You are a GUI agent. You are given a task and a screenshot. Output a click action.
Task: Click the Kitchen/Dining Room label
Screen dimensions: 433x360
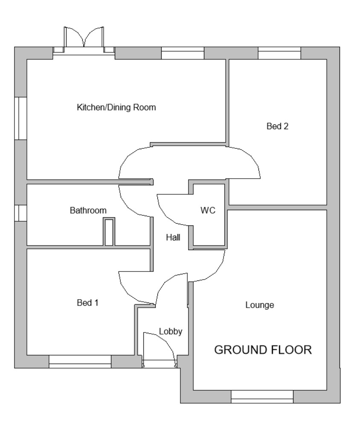pyautogui.click(x=116, y=107)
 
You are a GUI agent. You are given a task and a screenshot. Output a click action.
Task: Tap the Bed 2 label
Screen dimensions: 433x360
pyautogui.click(x=277, y=126)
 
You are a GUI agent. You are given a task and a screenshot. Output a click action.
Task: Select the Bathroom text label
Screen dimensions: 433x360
pyautogui.click(x=88, y=211)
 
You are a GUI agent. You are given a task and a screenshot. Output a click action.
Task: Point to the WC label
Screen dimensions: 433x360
pyautogui.click(x=208, y=211)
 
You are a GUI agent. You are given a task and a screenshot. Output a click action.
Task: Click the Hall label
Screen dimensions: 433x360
pyautogui.click(x=173, y=238)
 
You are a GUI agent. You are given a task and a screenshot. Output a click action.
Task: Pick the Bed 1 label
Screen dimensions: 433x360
pyautogui.click(x=88, y=303)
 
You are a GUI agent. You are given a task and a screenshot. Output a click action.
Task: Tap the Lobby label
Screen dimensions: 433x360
pyautogui.click(x=171, y=332)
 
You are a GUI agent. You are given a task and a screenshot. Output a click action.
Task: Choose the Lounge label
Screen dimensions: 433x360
pyautogui.click(x=259, y=305)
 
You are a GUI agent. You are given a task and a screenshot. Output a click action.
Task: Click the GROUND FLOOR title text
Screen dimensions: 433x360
pyautogui.click(x=263, y=350)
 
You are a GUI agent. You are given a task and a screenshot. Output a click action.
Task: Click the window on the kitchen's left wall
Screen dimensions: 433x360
pyautogui.click(x=20, y=118)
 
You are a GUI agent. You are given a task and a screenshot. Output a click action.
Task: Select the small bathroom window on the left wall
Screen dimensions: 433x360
pyautogui.click(x=20, y=213)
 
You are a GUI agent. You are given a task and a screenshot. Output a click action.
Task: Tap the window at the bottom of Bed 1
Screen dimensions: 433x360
pyautogui.click(x=80, y=361)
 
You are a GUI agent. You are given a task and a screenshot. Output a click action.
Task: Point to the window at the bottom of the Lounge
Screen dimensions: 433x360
pyautogui.click(x=262, y=396)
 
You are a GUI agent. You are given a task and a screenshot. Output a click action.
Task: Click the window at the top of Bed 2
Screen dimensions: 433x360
pyautogui.click(x=279, y=53)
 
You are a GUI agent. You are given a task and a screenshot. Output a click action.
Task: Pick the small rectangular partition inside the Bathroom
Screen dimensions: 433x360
pyautogui.click(x=109, y=232)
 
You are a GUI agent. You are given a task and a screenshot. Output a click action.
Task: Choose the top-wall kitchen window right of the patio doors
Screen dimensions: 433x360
pyautogui.click(x=183, y=53)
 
